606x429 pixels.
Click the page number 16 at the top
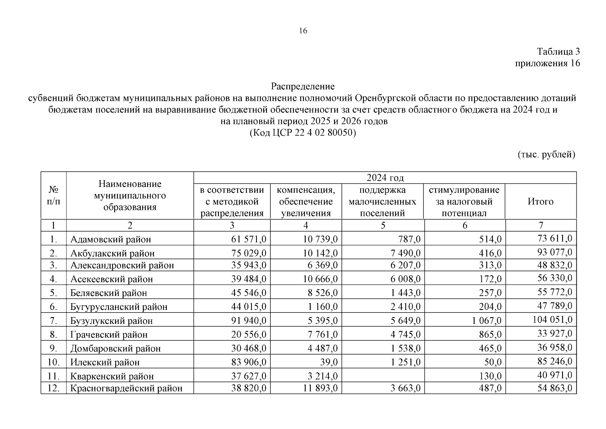302,31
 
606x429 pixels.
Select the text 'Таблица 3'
558,51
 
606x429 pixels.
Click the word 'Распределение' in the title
302,86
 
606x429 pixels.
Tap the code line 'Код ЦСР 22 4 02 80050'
302,133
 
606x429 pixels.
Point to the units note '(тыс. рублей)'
546,154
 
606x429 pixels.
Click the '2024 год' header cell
385,178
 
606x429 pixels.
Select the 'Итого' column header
540,202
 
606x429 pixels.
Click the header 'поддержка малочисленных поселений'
382,202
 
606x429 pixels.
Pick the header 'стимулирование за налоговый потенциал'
464,202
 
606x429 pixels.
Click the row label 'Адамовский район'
110,239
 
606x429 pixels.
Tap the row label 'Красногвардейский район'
126,388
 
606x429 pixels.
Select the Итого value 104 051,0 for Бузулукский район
552,319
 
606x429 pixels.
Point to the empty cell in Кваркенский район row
382,375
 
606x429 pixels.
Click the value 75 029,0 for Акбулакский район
249,253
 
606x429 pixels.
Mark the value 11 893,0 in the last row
320,388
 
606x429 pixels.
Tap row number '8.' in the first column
53,335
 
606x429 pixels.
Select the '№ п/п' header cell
53,195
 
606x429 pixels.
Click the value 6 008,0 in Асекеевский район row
405,279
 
